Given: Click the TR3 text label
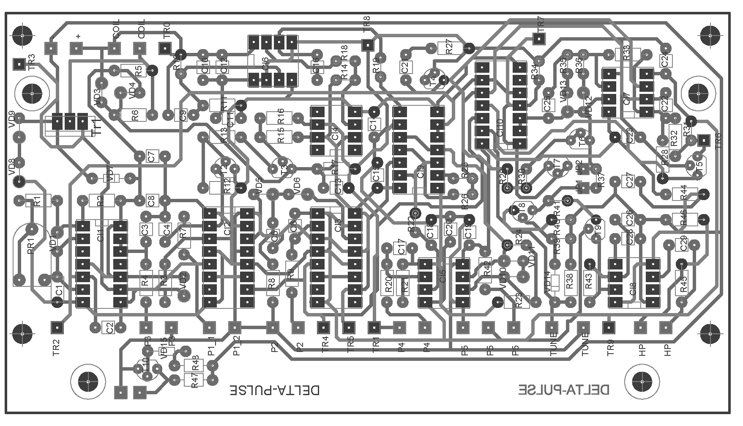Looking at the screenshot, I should click(32, 62).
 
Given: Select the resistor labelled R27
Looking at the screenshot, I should click(449, 48).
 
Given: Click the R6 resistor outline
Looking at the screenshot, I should click(135, 115).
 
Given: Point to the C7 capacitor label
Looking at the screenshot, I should click(152, 157).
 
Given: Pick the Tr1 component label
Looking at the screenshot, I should click(97, 127).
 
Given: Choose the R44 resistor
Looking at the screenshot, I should click(683, 194).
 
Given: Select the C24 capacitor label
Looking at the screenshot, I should click(665, 61).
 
